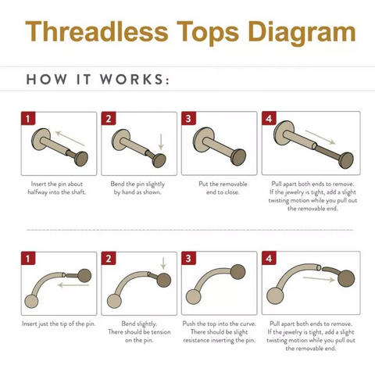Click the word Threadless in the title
97,31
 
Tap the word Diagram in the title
302,33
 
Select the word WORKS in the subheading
132,79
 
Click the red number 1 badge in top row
28,119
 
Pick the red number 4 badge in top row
269,118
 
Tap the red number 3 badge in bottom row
188,258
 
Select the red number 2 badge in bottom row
109,259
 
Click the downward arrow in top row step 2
161,142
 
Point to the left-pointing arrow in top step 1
70,138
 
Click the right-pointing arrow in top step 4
320,138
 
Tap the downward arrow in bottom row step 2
163,263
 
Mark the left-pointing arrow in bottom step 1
73,285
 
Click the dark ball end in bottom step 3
237,271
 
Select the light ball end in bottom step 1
31,302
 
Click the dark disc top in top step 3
238,157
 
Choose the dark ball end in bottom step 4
346,278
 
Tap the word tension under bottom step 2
159,332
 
